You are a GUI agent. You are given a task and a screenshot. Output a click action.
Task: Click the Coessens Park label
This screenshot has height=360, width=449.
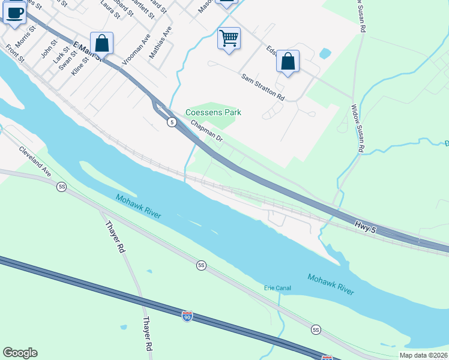(x=213, y=112)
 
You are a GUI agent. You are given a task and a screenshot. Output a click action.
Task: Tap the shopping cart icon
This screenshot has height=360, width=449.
(x=229, y=38)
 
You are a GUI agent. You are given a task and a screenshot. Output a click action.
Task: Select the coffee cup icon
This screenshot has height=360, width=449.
(x=15, y=13)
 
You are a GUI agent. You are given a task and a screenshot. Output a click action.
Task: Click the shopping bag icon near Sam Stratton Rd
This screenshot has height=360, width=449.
(x=288, y=61)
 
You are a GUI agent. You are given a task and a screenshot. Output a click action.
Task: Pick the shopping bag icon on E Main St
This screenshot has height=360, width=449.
(x=102, y=43)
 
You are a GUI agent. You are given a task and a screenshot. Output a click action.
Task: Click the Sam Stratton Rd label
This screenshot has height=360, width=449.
(x=262, y=86)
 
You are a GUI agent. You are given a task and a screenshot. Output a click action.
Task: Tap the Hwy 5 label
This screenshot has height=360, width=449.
(x=366, y=226)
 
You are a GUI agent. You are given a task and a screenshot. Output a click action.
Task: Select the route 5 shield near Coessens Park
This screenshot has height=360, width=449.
(x=172, y=122)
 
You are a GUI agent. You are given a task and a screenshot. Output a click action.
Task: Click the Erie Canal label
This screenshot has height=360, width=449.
(x=277, y=288)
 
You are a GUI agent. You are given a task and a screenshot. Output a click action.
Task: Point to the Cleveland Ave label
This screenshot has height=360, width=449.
(x=35, y=161)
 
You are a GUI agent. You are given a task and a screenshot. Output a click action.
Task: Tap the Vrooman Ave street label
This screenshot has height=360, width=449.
(x=136, y=49)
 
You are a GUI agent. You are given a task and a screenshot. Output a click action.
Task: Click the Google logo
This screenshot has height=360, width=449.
(x=20, y=353)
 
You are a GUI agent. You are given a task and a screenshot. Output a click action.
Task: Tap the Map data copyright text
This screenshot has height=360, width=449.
(x=424, y=355)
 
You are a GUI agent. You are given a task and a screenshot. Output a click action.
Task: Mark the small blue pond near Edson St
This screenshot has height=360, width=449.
(x=325, y=53)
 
